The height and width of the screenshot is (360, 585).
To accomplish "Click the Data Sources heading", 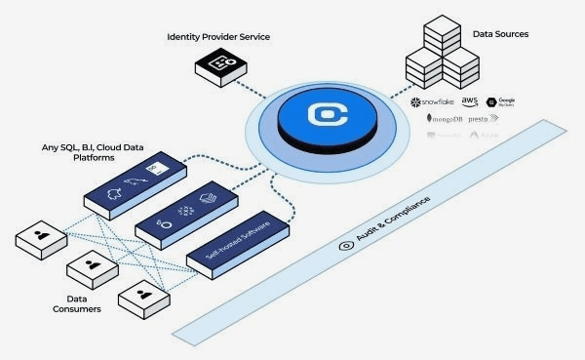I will [500, 34].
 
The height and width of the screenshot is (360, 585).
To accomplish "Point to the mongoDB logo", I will [448, 119].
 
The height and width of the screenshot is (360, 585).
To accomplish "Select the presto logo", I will [478, 119].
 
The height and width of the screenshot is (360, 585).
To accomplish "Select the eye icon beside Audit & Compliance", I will [345, 247].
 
